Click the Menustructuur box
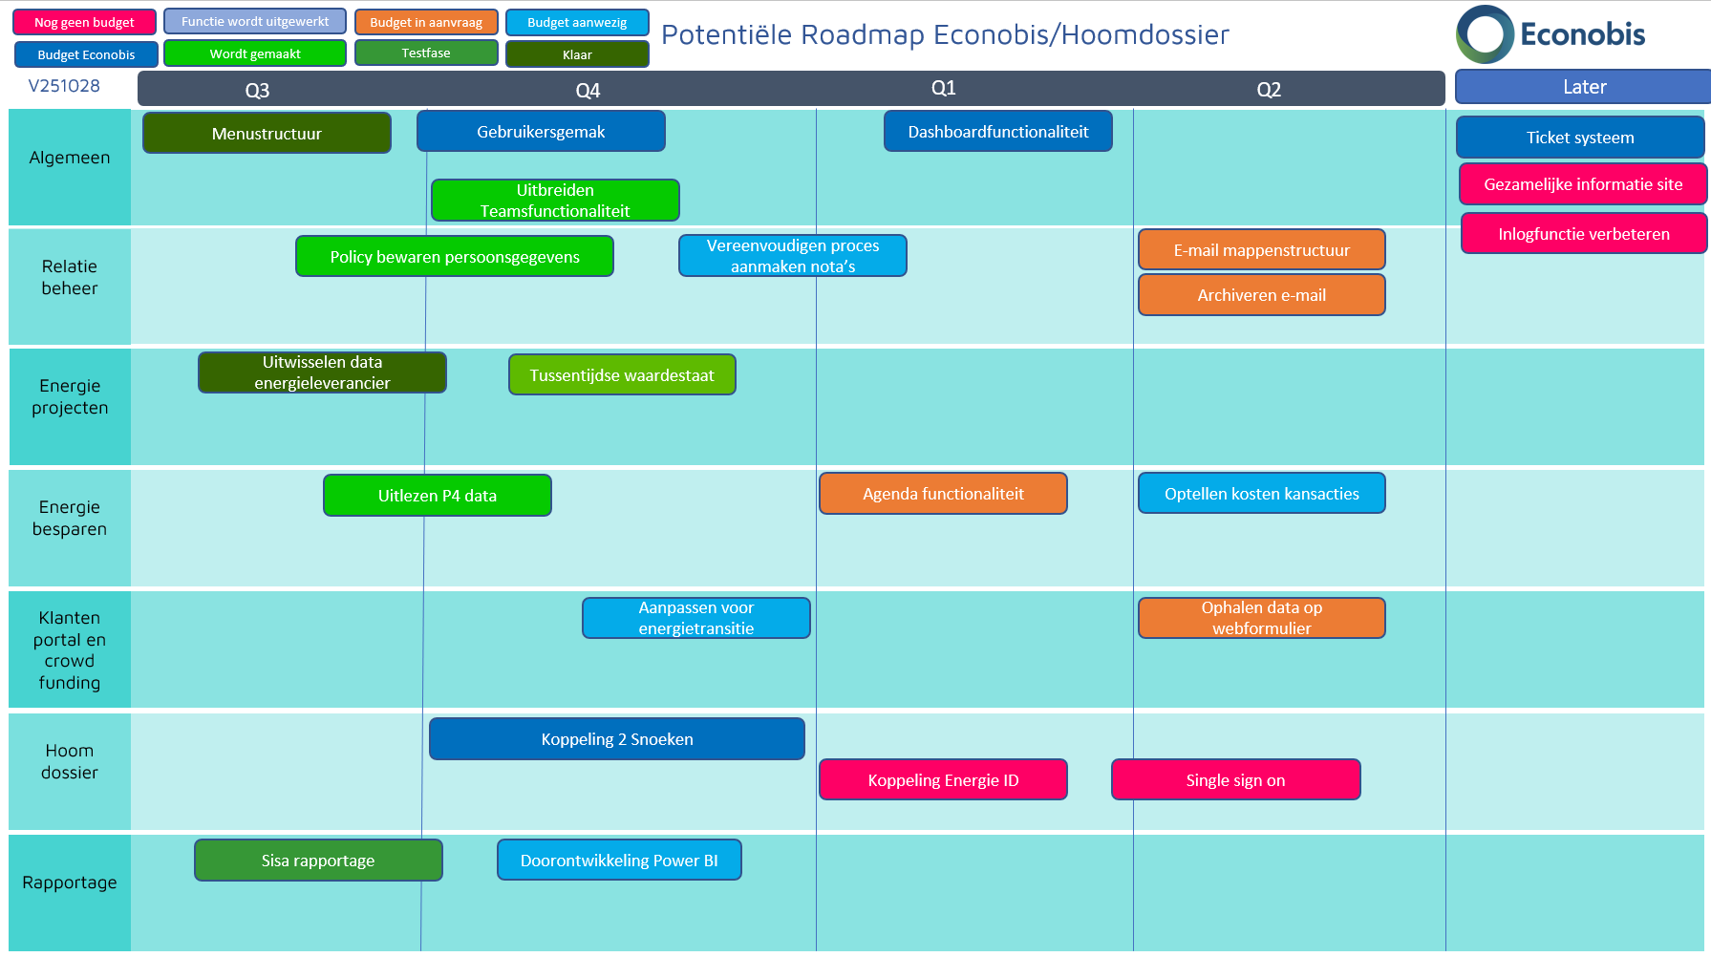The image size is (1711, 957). [x=267, y=134]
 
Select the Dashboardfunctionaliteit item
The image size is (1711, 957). [x=997, y=132]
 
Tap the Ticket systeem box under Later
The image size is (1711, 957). [x=1579, y=138]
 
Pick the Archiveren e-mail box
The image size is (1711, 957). [x=1261, y=295]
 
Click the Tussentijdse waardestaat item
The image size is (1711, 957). [x=622, y=375]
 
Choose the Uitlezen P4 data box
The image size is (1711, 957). [x=437, y=496]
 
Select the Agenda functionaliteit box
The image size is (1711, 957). [x=943, y=494]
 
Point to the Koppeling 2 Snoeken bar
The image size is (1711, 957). [x=616, y=739]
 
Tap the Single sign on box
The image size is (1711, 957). [x=1235, y=780]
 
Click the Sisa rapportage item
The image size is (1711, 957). [x=318, y=861]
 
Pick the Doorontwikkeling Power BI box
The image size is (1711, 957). [x=619, y=861]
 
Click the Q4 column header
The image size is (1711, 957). [x=588, y=91]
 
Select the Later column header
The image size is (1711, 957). [x=1583, y=87]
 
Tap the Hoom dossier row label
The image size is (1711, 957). [x=70, y=762]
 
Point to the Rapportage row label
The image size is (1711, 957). [x=70, y=883]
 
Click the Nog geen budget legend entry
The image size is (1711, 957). [x=84, y=22]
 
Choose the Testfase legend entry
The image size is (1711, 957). [x=426, y=53]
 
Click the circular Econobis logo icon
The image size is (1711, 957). [x=1485, y=34]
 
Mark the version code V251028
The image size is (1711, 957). [x=64, y=86]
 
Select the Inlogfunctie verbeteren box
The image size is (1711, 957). [x=1583, y=234]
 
